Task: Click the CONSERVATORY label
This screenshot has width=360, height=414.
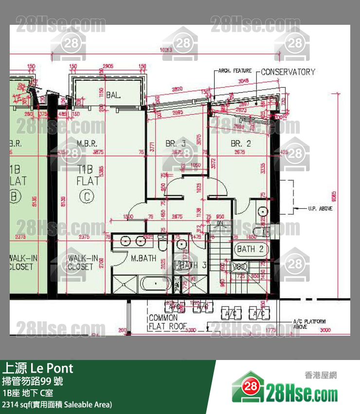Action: tap(288, 72)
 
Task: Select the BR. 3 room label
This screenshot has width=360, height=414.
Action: tap(175, 144)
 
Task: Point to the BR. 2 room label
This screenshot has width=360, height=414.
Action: tap(241, 144)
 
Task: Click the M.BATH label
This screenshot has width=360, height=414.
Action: tap(143, 258)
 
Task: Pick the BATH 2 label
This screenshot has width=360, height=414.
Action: tap(250, 249)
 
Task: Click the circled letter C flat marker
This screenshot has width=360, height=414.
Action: tap(87, 197)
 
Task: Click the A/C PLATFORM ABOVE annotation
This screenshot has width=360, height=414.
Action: tap(309, 324)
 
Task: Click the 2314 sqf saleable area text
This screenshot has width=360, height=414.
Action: tap(57, 404)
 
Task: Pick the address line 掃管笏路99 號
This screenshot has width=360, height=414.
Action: tap(32, 381)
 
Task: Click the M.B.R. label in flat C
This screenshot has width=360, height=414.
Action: tap(88, 144)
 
